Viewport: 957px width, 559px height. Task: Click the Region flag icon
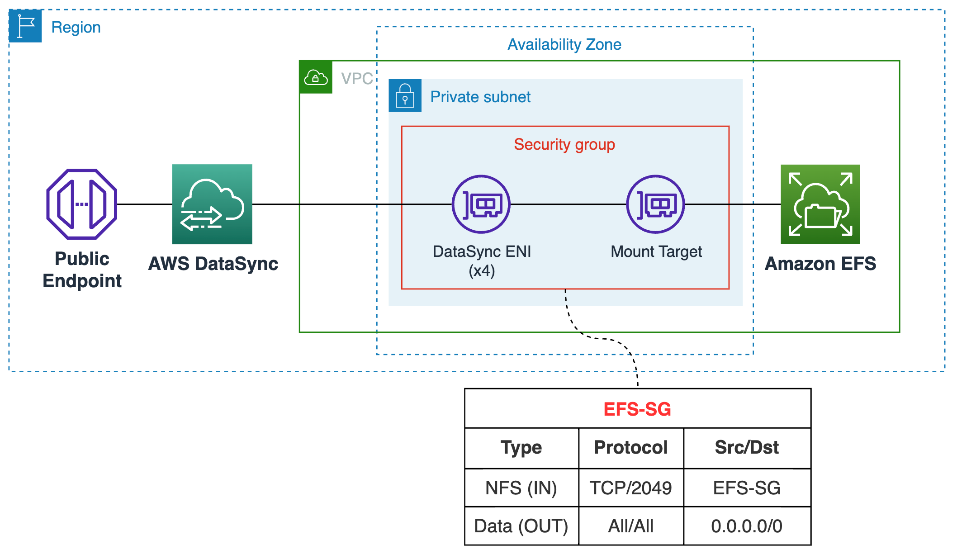(x=25, y=26)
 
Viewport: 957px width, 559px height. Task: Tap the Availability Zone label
(x=564, y=44)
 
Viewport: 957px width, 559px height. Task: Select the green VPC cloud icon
(x=316, y=77)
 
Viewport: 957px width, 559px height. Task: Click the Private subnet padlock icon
(x=405, y=95)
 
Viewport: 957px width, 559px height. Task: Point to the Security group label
(x=564, y=144)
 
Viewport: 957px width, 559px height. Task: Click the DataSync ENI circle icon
(x=481, y=204)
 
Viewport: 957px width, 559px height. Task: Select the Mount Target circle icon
(x=655, y=204)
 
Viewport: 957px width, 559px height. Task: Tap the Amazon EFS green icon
(x=820, y=204)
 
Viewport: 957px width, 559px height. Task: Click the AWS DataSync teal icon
(x=212, y=204)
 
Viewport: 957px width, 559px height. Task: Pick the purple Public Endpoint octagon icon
(x=82, y=204)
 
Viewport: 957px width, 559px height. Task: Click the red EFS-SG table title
(x=637, y=409)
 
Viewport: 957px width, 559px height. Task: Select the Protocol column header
(x=630, y=447)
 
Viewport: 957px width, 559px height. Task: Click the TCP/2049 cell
(x=630, y=488)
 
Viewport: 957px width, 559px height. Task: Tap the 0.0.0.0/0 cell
(x=747, y=526)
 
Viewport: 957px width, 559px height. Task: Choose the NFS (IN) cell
(x=521, y=488)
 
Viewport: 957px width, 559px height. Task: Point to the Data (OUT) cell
(x=521, y=526)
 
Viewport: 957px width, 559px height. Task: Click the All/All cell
(x=630, y=526)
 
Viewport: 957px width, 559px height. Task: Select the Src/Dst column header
(x=747, y=447)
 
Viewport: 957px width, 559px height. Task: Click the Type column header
(x=521, y=447)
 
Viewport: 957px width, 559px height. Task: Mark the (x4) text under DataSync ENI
(x=482, y=271)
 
